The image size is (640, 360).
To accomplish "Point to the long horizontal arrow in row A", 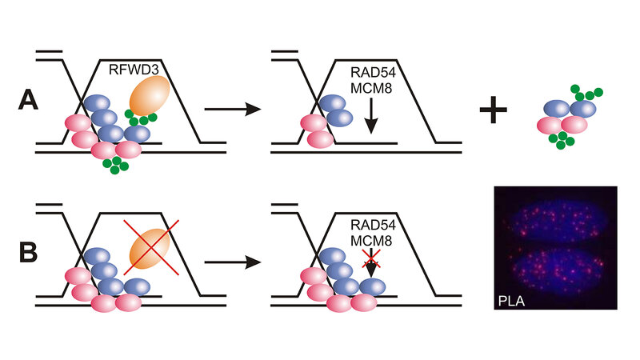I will coord(234,106).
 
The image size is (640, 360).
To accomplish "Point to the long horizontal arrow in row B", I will coord(234,262).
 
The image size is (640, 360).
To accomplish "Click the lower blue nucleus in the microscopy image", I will coord(554,276).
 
